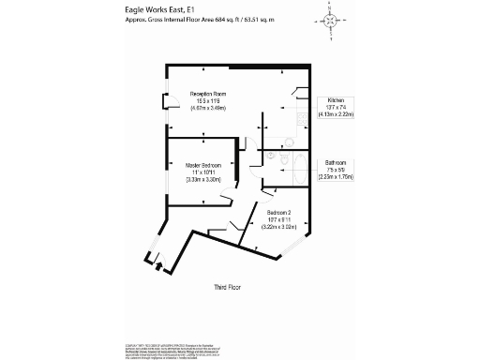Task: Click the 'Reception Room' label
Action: [211, 94]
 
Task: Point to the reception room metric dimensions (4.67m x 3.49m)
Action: [211, 108]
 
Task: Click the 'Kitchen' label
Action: [334, 100]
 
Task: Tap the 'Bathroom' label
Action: [337, 161]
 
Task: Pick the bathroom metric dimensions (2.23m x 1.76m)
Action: [337, 175]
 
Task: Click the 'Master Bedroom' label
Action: [202, 165]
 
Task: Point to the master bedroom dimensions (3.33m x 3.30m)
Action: [202, 179]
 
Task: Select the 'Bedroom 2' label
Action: [278, 212]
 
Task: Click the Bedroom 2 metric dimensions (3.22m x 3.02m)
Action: [278, 226]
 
